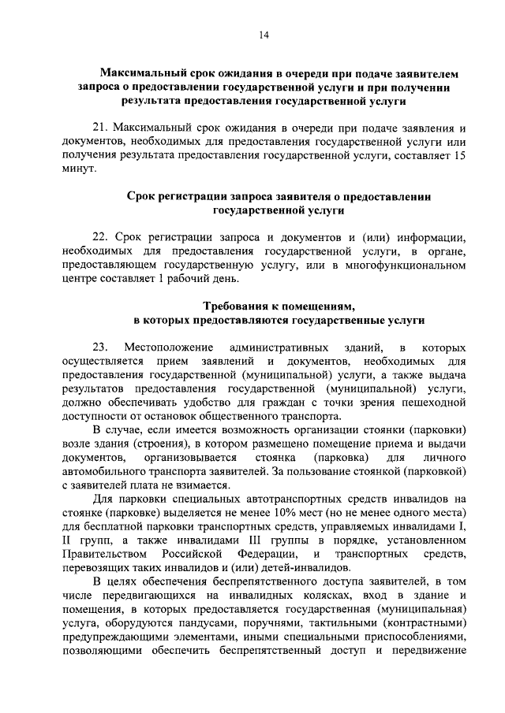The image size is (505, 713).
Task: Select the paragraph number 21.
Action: (100, 127)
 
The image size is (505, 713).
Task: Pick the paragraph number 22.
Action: (100, 236)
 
